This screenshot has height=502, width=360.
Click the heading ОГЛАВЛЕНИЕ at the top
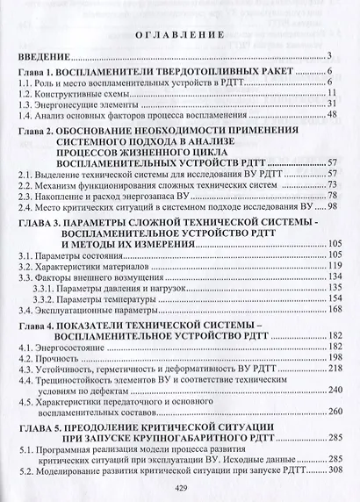tap(180, 36)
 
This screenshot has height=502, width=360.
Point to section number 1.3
tap(28, 104)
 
